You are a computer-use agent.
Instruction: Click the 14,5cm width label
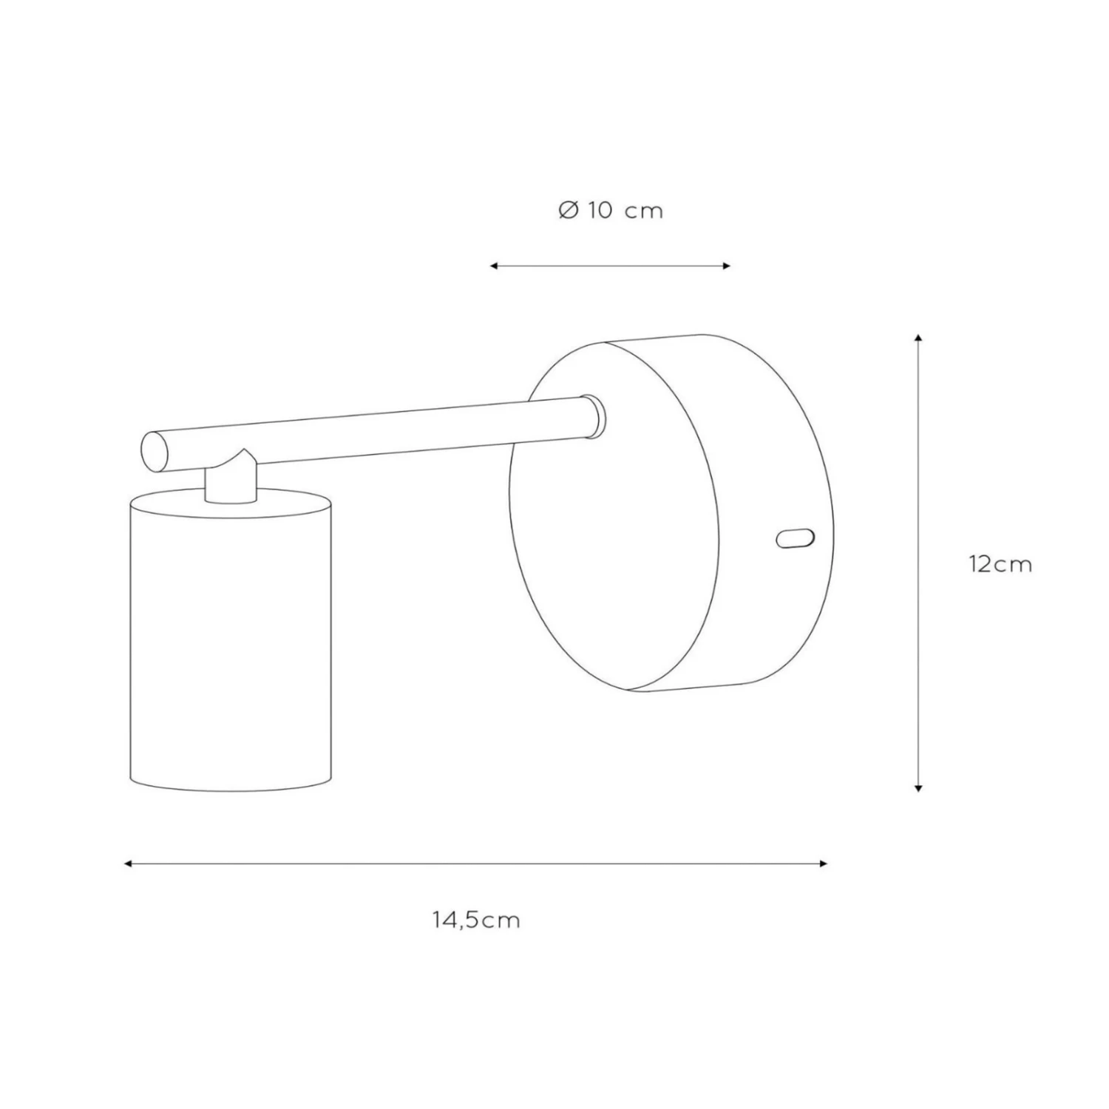point(477,920)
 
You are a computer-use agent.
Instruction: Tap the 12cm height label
point(1000,564)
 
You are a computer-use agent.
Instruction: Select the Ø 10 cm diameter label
point(611,211)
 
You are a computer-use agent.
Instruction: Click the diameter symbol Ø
point(568,211)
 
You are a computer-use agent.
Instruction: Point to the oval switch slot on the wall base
point(796,538)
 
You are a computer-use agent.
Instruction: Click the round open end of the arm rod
point(155,452)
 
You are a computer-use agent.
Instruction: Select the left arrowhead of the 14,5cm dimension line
point(128,864)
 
